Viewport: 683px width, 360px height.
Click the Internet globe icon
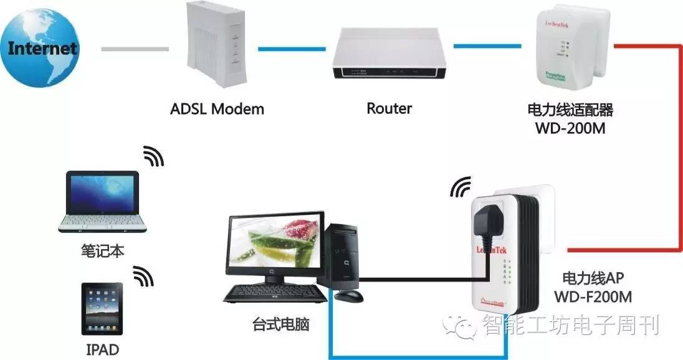(x=42, y=48)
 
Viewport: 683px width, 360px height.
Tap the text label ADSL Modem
(x=217, y=109)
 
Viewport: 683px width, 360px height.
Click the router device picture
(x=389, y=55)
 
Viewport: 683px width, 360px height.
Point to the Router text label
(x=389, y=108)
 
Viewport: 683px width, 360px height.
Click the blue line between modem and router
(x=292, y=48)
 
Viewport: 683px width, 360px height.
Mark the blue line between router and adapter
(x=487, y=45)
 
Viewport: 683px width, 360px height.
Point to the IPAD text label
(x=102, y=349)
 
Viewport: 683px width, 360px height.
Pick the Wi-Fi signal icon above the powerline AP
(x=462, y=184)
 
